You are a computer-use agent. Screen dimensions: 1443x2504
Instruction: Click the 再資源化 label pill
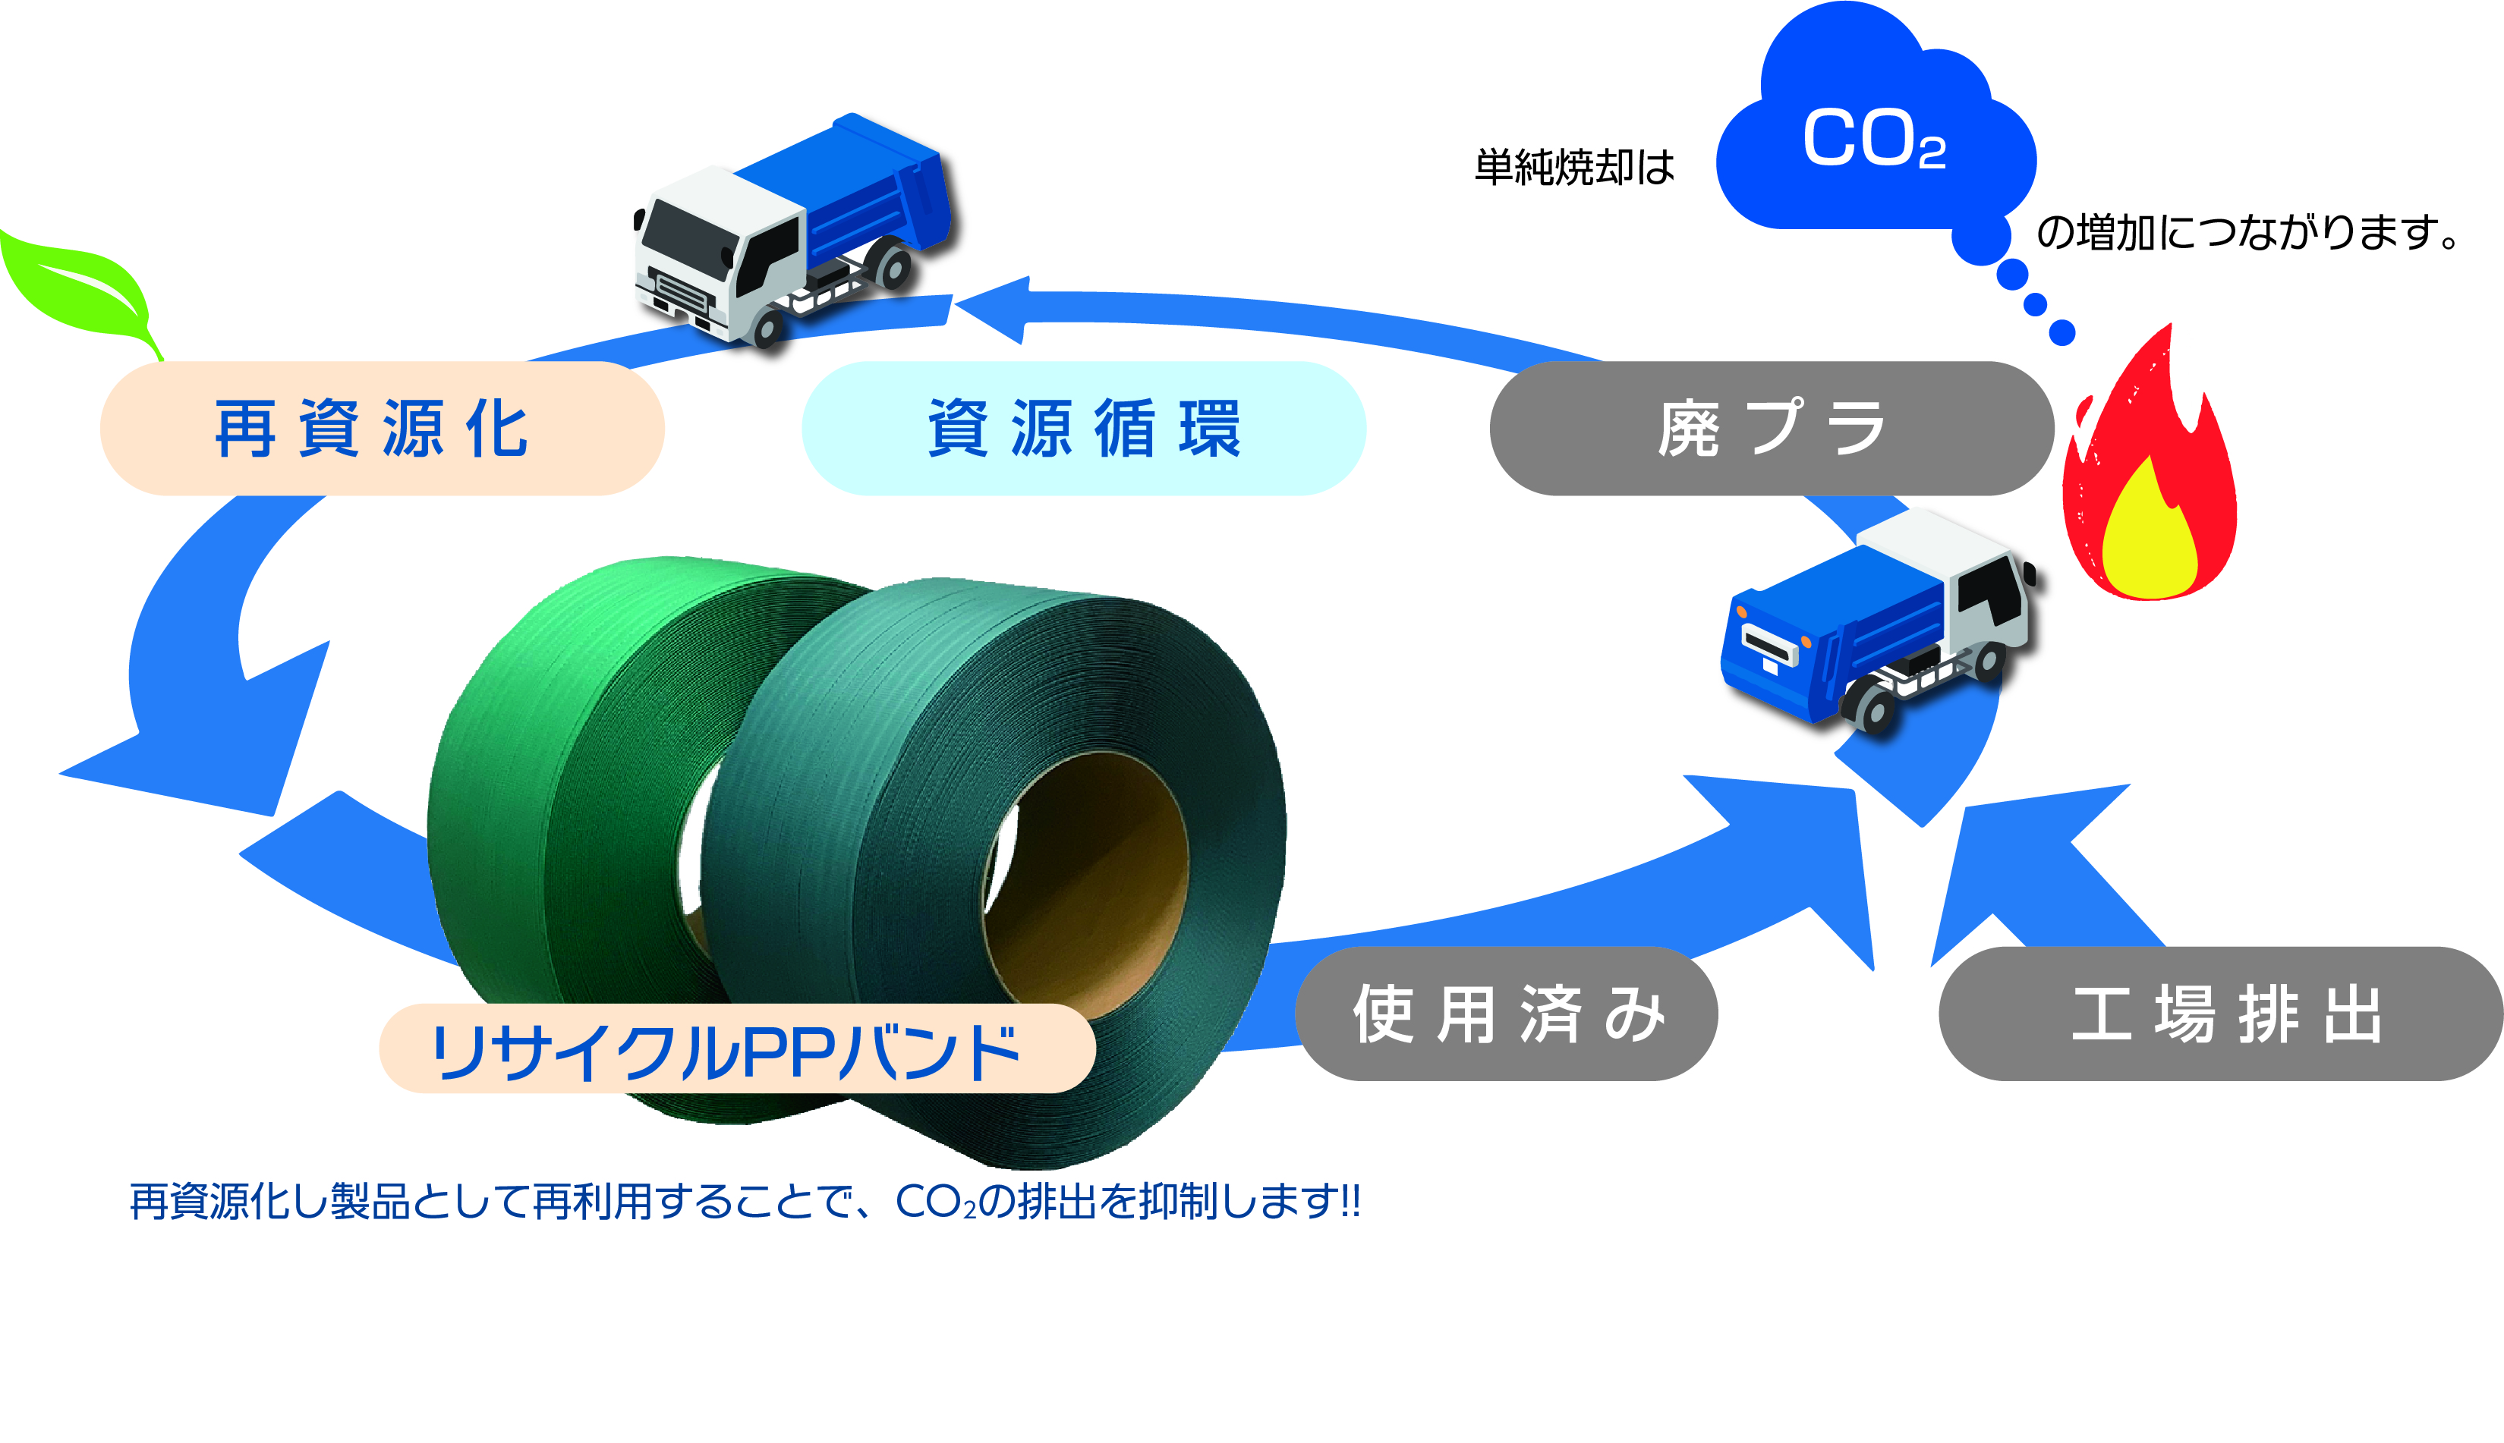[382, 428]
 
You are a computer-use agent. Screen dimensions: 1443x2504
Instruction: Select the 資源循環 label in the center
[1082, 428]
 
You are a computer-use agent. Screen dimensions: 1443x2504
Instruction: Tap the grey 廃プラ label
[1771, 428]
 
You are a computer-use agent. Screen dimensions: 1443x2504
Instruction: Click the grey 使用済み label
[1506, 1013]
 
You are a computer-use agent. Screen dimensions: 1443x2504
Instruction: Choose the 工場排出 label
[2220, 1013]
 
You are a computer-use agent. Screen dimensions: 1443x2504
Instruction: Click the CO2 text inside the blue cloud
[1872, 140]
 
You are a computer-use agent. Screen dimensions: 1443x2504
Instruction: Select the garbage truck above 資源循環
[793, 228]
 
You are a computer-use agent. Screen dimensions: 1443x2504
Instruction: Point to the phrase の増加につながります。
[2246, 233]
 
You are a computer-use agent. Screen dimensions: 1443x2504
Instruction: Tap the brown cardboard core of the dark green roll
[1091, 882]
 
